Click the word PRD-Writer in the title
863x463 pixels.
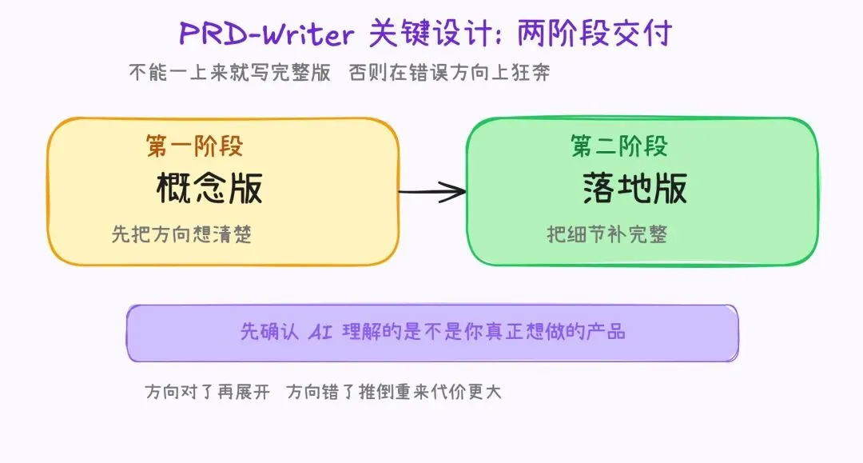pyautogui.click(x=267, y=34)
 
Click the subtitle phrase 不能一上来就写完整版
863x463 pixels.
pyautogui.click(x=230, y=73)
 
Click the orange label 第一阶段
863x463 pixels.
pyautogui.click(x=194, y=146)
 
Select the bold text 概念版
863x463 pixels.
pyautogui.click(x=209, y=189)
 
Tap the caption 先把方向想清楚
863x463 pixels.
pyautogui.click(x=181, y=234)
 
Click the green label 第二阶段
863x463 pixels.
pyautogui.click(x=619, y=146)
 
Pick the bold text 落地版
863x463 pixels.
pyautogui.click(x=634, y=189)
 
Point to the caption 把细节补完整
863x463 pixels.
pyautogui.click(x=606, y=234)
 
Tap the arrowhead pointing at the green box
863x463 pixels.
pyautogui.click(x=455, y=191)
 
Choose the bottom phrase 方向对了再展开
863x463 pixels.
pyautogui.click(x=208, y=393)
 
